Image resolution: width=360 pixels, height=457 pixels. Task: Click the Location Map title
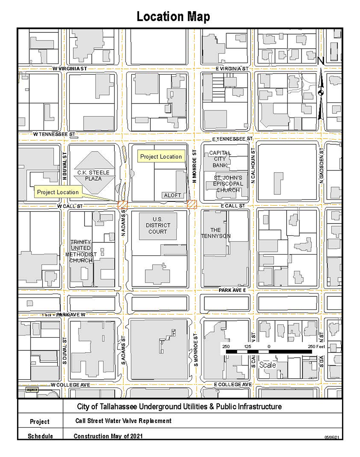click(173, 17)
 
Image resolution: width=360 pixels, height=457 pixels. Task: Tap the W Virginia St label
click(70, 68)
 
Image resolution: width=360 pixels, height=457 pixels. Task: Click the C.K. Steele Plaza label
click(94, 175)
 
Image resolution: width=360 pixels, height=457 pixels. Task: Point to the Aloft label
click(172, 195)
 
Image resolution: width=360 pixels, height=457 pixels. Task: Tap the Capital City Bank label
click(220, 159)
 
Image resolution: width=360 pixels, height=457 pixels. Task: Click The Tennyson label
click(216, 233)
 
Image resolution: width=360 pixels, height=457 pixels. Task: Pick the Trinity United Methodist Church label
click(81, 251)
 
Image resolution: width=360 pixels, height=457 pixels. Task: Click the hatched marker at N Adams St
click(122, 205)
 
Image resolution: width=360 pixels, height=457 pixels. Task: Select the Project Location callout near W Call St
click(58, 192)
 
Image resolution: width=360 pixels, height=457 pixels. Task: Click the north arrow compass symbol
click(320, 92)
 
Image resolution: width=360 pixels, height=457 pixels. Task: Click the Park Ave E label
click(233, 291)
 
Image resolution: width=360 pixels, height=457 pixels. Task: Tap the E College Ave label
click(233, 385)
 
